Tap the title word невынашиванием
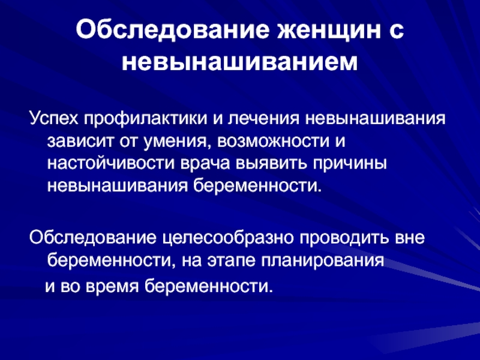click(239, 63)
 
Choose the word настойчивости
click(110, 163)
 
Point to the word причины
click(350, 164)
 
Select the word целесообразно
click(228, 238)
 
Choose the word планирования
click(323, 261)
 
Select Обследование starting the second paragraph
click(92, 238)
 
